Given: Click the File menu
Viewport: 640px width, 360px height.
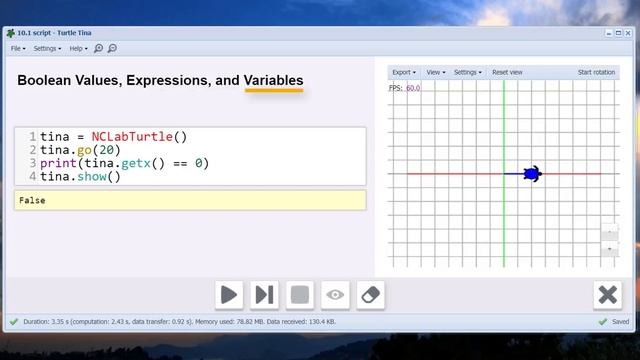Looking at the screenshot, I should pyautogui.click(x=18, y=48).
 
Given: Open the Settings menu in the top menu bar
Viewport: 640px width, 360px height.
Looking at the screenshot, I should pyautogui.click(x=47, y=48).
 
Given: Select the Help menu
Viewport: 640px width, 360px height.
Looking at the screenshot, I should pyautogui.click(x=78, y=48).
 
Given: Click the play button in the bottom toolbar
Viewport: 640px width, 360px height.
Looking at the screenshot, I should pyautogui.click(x=229, y=295).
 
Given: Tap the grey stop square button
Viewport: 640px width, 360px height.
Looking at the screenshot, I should pyautogui.click(x=299, y=295).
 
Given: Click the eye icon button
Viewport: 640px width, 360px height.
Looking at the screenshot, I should pyautogui.click(x=335, y=295).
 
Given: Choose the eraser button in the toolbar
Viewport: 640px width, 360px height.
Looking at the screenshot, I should pyautogui.click(x=370, y=295).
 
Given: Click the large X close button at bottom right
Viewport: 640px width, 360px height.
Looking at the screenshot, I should pyautogui.click(x=607, y=295).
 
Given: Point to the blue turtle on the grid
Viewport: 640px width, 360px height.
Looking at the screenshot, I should pyautogui.click(x=533, y=174).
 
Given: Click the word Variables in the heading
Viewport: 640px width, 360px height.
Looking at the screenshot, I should pyautogui.click(x=273, y=80).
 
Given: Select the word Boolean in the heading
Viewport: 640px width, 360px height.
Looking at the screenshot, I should pyautogui.click(x=46, y=80).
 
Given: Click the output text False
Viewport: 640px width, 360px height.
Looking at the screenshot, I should pyautogui.click(x=32, y=200).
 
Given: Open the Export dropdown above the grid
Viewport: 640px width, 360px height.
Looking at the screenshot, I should pyautogui.click(x=404, y=72).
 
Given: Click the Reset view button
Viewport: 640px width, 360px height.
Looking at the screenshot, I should pyautogui.click(x=507, y=72).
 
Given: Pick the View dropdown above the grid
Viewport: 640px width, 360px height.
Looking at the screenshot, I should pyautogui.click(x=436, y=72).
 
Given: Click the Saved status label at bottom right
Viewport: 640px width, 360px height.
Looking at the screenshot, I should pyautogui.click(x=620, y=322).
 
